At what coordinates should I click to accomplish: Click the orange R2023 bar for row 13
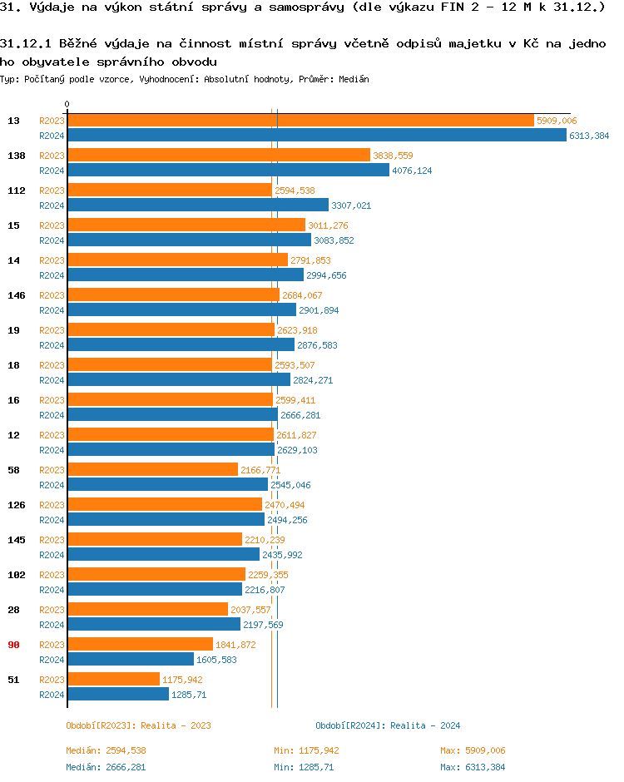click(300, 121)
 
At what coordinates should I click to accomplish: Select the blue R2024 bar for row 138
click(228, 171)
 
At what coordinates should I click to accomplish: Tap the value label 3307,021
click(351, 205)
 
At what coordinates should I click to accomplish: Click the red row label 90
click(13, 645)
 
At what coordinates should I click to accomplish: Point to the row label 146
click(16, 295)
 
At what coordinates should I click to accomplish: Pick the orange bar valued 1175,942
click(113, 680)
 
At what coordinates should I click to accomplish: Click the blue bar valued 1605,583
click(130, 660)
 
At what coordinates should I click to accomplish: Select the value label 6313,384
click(589, 136)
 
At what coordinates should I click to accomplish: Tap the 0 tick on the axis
click(67, 105)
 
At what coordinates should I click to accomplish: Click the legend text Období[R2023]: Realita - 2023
click(138, 725)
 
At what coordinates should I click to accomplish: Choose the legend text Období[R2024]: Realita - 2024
click(388, 725)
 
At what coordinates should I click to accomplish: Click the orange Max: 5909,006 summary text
click(473, 750)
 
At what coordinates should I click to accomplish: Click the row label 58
click(13, 470)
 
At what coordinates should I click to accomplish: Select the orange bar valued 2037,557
click(147, 610)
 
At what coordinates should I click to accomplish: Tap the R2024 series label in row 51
click(52, 695)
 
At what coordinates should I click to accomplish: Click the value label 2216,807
click(265, 590)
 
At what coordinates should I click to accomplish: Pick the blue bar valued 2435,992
click(163, 555)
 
